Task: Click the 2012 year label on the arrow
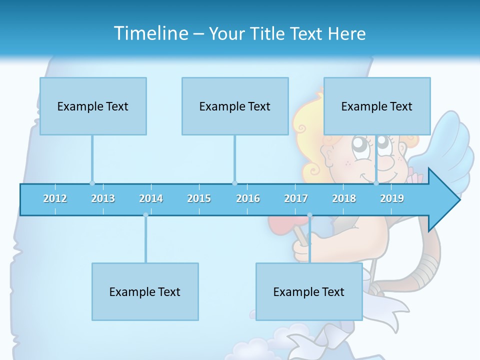click(x=55, y=198)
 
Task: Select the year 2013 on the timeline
click(x=103, y=198)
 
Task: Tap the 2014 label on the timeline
click(x=151, y=198)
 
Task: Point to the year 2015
click(x=199, y=198)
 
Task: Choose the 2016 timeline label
click(x=248, y=198)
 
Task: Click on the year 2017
click(x=296, y=198)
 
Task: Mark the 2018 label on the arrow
click(x=344, y=198)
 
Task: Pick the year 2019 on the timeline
click(x=392, y=198)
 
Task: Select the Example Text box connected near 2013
click(x=93, y=106)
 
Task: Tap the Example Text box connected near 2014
click(x=145, y=291)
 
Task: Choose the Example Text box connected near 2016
click(x=235, y=106)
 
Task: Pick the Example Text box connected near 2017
click(x=309, y=291)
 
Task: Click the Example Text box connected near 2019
click(x=377, y=106)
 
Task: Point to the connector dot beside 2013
click(x=92, y=183)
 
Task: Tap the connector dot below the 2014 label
click(x=145, y=215)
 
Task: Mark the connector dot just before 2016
click(x=234, y=183)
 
